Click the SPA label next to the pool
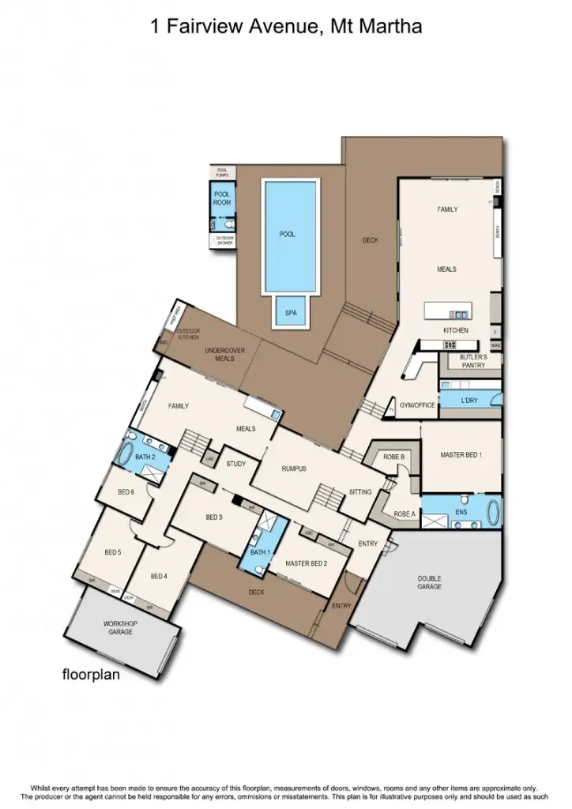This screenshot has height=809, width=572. [291, 313]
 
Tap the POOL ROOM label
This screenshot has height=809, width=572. [222, 199]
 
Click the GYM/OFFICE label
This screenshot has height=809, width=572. [417, 405]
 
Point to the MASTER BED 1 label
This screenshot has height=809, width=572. [461, 455]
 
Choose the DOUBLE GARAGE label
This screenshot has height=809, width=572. [429, 583]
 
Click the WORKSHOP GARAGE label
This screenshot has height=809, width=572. [120, 628]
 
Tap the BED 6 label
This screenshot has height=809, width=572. [126, 491]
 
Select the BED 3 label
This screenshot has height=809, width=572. [214, 517]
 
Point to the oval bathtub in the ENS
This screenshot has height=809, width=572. [494, 514]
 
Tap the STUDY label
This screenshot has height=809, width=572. [235, 465]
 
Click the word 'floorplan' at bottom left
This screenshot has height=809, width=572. [91, 675]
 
